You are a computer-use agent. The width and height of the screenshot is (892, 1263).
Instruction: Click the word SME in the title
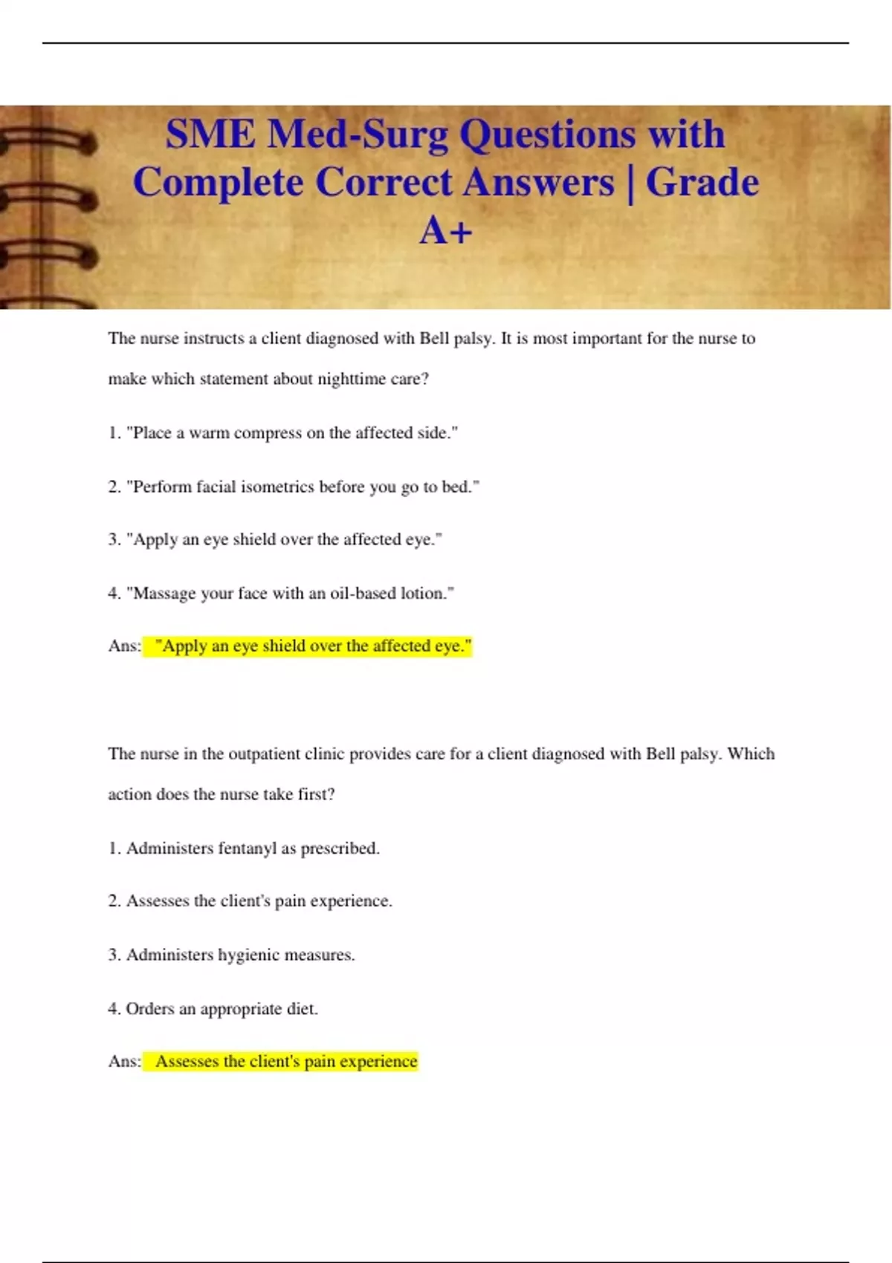click(x=211, y=135)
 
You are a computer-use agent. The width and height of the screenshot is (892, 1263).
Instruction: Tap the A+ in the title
click(x=445, y=230)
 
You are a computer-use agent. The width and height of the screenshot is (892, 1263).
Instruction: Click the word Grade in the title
click(x=702, y=183)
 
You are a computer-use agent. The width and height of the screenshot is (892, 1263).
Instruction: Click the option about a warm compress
click(x=282, y=433)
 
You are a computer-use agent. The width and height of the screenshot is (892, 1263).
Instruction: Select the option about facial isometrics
click(x=294, y=487)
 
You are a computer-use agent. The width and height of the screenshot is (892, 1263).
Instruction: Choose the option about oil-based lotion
click(x=281, y=594)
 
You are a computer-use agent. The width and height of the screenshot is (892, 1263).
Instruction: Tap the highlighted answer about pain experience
click(x=286, y=1062)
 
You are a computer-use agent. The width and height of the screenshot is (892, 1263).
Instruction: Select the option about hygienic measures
click(x=231, y=955)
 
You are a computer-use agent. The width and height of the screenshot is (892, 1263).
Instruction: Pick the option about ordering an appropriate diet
click(x=213, y=1009)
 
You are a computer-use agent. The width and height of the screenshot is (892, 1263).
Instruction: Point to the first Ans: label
click(x=124, y=646)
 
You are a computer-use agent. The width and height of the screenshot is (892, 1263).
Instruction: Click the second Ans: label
click(x=124, y=1062)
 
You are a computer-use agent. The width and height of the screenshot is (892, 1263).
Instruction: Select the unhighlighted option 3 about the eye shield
click(x=275, y=539)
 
